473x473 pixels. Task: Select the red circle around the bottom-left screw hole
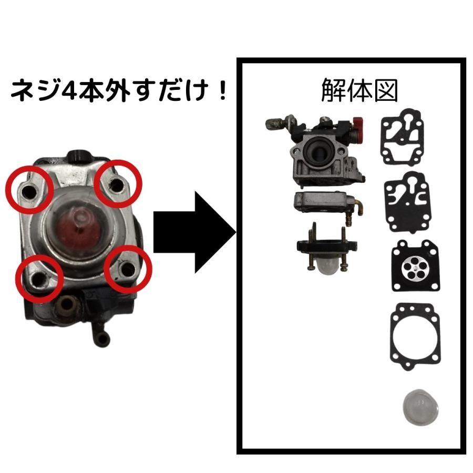[x=39, y=276]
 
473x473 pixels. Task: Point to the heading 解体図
[x=359, y=91]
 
